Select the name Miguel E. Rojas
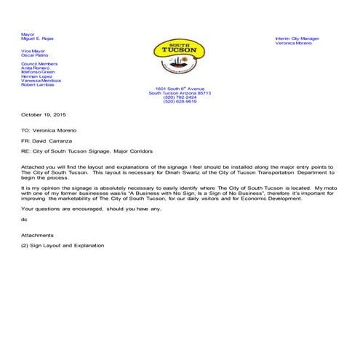[38, 39]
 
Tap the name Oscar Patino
[35, 55]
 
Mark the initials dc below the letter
[24, 219]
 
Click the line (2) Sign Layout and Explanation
[63, 245]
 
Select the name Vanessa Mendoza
[41, 80]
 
